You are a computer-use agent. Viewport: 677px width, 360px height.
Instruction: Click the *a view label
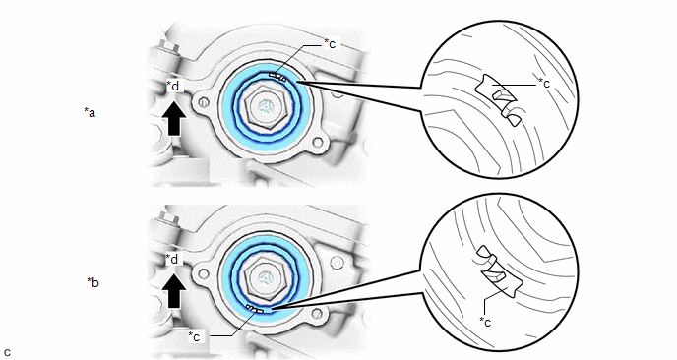[x=90, y=113]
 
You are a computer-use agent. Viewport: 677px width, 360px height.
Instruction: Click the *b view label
[x=92, y=282]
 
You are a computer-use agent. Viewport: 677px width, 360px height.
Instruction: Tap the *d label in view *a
[x=173, y=86]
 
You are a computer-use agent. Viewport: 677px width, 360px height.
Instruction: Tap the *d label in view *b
[x=172, y=259]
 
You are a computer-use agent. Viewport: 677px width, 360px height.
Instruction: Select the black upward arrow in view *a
[x=174, y=118]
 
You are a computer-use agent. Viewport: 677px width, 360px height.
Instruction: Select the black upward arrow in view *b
[x=173, y=291]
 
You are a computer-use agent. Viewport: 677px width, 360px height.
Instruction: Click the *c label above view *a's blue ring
[x=330, y=43]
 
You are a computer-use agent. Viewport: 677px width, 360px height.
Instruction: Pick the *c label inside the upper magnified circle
[x=544, y=83]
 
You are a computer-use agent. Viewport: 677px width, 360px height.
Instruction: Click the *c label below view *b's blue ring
[x=194, y=336]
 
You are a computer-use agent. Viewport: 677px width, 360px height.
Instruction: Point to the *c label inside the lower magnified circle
[x=485, y=322]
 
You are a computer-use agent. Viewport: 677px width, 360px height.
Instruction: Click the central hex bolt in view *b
[x=264, y=278]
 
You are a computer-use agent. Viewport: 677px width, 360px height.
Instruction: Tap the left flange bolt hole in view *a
[x=205, y=102]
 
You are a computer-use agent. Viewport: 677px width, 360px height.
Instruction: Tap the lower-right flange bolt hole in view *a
[x=318, y=142]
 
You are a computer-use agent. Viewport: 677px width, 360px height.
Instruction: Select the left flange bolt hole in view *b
[x=205, y=273]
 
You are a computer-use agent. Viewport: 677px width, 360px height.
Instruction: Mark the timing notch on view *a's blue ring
[x=277, y=77]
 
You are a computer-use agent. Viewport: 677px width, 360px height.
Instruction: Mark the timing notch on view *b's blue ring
[x=255, y=308]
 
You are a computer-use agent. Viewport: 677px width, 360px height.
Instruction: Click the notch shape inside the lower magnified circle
[x=500, y=271]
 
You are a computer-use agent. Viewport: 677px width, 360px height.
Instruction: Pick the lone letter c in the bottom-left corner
[x=7, y=352]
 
